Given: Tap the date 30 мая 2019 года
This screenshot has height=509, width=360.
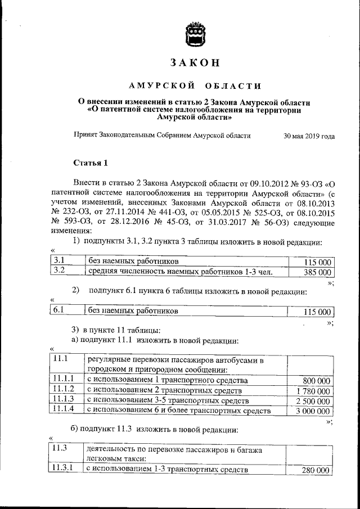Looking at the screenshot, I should click(x=309, y=136).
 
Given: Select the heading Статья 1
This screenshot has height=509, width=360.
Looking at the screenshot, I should click(x=91, y=163).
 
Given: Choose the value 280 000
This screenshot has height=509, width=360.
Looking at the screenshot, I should click(x=316, y=470).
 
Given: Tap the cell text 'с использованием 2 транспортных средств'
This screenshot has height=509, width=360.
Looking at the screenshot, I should click(x=163, y=390).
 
